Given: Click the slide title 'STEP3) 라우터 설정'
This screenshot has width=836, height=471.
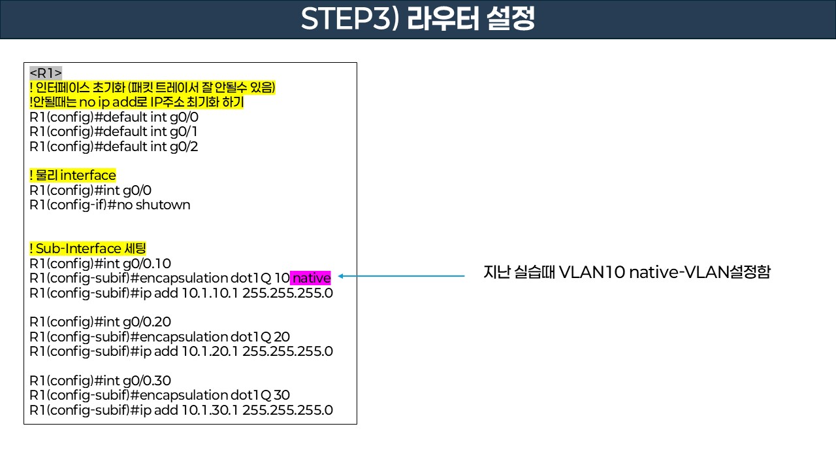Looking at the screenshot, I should (x=418, y=19).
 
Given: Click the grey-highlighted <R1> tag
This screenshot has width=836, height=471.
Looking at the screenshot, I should (x=46, y=73).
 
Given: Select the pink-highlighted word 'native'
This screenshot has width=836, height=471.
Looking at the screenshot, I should (x=311, y=278).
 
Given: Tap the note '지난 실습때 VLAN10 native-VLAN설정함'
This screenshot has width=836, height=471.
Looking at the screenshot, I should (x=626, y=273).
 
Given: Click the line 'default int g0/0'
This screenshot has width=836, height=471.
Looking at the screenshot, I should (x=114, y=117).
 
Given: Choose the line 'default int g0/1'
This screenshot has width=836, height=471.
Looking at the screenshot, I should (x=114, y=131).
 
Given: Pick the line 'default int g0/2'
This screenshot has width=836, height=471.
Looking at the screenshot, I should (x=114, y=147).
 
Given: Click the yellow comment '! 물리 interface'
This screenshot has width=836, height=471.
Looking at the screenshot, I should (x=73, y=175).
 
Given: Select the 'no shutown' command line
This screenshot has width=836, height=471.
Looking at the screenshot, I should (x=110, y=205).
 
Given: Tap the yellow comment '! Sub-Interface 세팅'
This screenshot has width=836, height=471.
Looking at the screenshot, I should (x=88, y=249).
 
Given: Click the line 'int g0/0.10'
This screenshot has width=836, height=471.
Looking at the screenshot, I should (x=101, y=264).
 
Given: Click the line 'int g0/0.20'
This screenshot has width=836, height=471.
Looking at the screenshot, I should (x=101, y=322).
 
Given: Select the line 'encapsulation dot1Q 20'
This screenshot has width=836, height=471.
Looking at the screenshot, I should (x=160, y=337).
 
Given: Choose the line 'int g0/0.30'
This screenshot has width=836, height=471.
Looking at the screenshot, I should (x=101, y=381).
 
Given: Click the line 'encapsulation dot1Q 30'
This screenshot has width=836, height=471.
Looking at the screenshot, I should (x=160, y=395).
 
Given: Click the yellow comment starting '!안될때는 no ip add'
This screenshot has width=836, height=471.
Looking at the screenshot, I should (x=137, y=103).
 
